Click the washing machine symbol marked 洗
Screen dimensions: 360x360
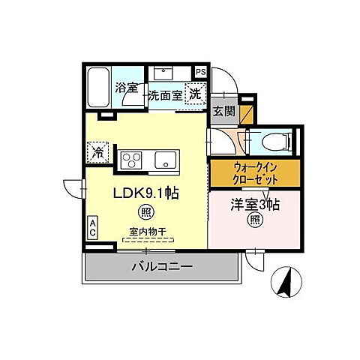(x=194, y=95)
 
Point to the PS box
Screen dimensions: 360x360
(x=200, y=72)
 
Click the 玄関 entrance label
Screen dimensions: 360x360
(x=222, y=112)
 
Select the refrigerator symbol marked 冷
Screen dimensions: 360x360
(x=97, y=152)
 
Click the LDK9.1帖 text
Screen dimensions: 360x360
(x=145, y=193)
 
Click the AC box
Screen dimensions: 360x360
(x=93, y=226)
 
